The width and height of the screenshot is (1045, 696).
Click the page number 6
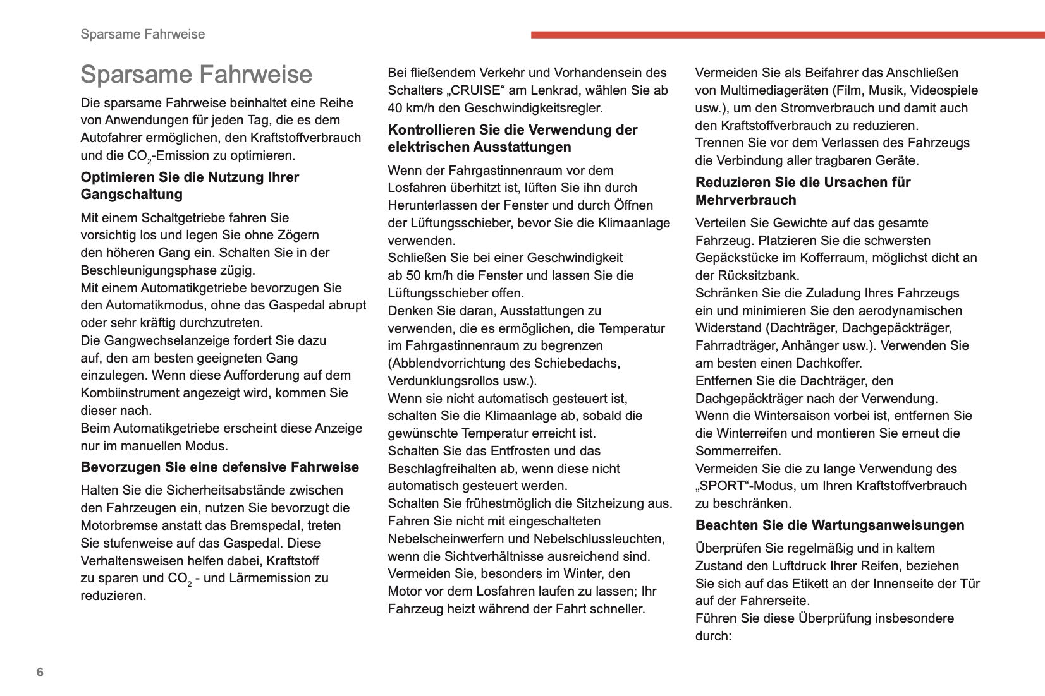40,672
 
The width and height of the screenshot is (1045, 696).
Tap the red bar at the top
787,35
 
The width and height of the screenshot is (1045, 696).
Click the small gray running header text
142,34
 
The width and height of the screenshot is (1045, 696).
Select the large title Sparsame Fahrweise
196,75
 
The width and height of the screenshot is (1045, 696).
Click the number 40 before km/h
396,108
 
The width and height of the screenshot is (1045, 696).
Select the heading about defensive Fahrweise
219,467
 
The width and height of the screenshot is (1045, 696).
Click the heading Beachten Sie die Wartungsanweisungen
829,525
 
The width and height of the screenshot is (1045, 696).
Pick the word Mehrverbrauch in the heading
745,200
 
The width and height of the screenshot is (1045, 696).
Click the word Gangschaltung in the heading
131,195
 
